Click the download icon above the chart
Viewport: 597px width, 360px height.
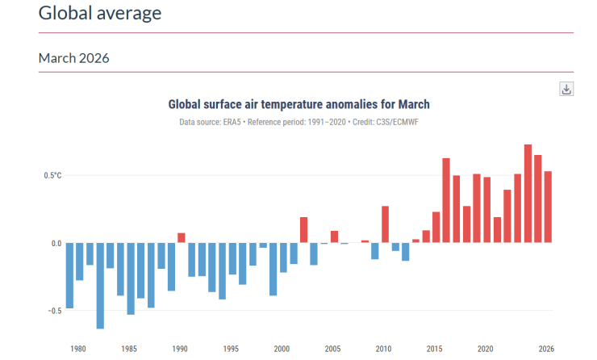566,89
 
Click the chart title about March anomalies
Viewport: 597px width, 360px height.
298,104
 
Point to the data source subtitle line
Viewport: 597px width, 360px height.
298,122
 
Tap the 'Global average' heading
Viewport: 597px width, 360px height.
100,13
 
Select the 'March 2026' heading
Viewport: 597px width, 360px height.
73,58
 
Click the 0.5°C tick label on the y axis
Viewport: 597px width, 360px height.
52,175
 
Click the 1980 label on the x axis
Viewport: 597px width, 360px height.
78,349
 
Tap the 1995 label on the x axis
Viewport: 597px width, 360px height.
232,349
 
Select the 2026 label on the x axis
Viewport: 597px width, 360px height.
547,349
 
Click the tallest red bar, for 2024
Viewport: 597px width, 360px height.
528,194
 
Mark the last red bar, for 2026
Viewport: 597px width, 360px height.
548,207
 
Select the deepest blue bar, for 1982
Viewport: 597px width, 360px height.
100,286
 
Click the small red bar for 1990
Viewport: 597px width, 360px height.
182,238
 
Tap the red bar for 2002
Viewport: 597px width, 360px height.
304,230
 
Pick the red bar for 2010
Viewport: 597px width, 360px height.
386,224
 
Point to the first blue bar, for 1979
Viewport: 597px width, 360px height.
69,275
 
